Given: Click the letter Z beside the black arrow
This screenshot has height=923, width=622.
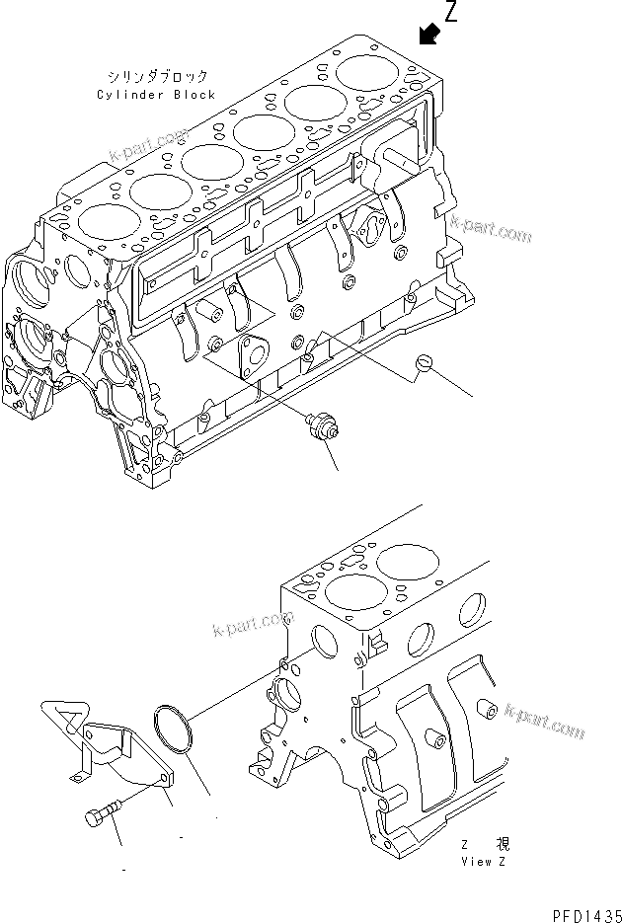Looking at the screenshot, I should point(452,13).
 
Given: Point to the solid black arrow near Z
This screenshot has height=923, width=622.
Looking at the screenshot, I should point(428,36).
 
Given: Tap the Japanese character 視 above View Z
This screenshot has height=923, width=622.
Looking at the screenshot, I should point(503,844).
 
